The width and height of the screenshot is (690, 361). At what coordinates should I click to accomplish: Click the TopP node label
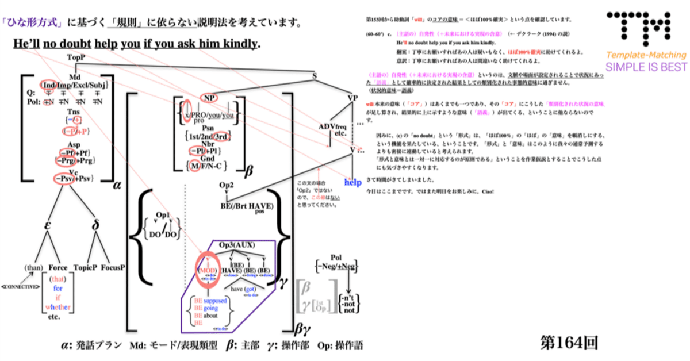(x=76, y=58)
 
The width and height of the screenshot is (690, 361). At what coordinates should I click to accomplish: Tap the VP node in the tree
(x=353, y=98)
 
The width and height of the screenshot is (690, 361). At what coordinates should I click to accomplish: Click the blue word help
(x=353, y=182)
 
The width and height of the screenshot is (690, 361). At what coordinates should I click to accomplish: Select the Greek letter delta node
(x=97, y=226)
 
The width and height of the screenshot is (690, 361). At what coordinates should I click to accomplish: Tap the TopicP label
(x=85, y=268)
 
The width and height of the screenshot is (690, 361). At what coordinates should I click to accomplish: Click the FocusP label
(x=113, y=268)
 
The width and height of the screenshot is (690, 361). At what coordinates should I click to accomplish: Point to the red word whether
(x=57, y=306)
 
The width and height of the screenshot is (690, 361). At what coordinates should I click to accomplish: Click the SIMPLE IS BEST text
(x=646, y=67)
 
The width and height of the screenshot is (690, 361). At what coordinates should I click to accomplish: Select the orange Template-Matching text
(x=646, y=55)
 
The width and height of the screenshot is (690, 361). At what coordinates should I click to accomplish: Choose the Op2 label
(x=227, y=186)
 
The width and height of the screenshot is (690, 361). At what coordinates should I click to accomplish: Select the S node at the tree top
(x=314, y=75)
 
